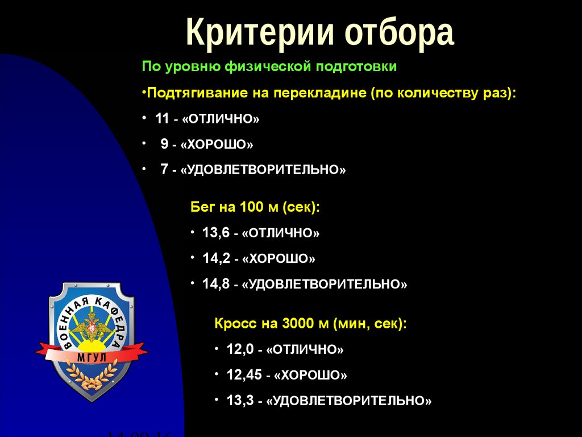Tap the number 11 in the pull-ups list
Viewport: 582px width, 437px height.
click(162, 119)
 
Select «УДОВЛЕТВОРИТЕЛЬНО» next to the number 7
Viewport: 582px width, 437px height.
click(263, 170)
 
